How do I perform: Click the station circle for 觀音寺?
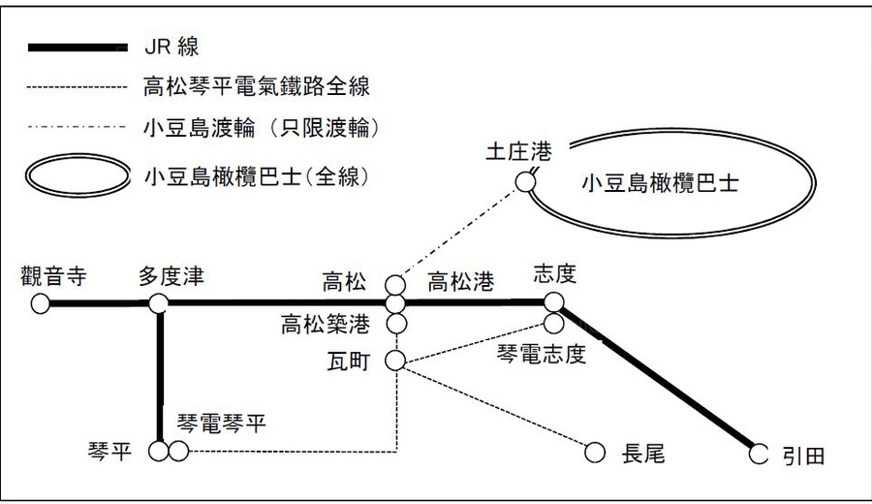click(40, 304)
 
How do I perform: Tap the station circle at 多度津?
click(159, 304)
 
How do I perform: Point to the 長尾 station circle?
click(595, 452)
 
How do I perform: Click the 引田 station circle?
click(759, 453)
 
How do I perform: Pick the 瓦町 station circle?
click(395, 361)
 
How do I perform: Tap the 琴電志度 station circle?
click(554, 322)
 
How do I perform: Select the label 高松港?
click(461, 283)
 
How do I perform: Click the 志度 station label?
click(555, 275)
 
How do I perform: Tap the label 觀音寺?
click(53, 279)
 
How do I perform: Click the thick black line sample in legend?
click(78, 47)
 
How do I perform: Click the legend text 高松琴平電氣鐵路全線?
click(256, 88)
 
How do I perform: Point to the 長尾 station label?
click(643, 453)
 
